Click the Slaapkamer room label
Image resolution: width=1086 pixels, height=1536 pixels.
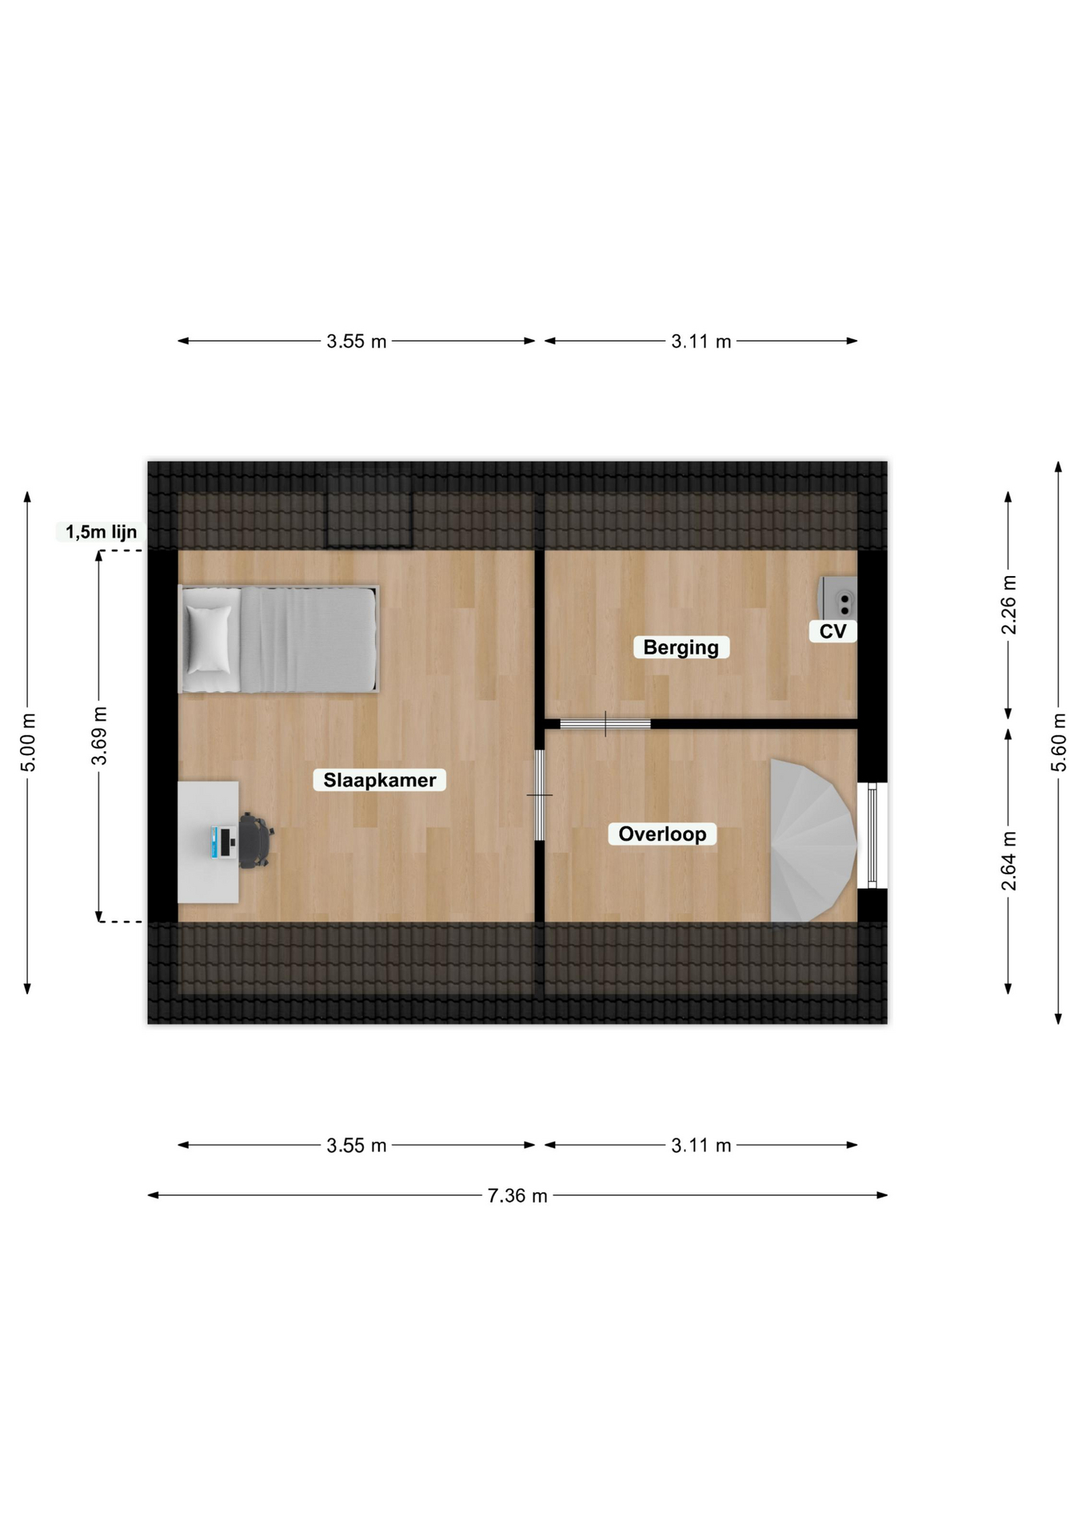(x=380, y=780)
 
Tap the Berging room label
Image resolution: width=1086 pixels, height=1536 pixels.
(x=681, y=647)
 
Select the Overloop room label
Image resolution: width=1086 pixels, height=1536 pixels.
(x=662, y=834)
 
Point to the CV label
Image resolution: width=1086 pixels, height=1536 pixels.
(x=832, y=631)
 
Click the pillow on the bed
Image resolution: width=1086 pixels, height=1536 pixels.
(x=209, y=638)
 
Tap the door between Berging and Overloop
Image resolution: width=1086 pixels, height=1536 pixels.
(x=605, y=724)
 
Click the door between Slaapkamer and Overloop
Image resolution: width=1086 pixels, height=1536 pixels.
(x=540, y=795)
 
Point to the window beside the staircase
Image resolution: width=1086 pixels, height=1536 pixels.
(x=872, y=835)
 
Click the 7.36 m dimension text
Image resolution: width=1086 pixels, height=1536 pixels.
(x=517, y=1195)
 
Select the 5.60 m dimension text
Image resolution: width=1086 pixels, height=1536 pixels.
(x=1058, y=742)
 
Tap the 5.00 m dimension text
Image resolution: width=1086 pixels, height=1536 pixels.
(x=27, y=742)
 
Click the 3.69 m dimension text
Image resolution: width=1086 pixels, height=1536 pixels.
(x=98, y=736)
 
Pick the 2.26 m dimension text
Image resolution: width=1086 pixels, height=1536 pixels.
(x=1008, y=605)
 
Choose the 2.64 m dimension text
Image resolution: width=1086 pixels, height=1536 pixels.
(x=1008, y=861)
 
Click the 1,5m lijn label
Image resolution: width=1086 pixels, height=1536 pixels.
(x=101, y=532)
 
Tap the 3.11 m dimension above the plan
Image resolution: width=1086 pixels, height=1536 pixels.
(x=701, y=342)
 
